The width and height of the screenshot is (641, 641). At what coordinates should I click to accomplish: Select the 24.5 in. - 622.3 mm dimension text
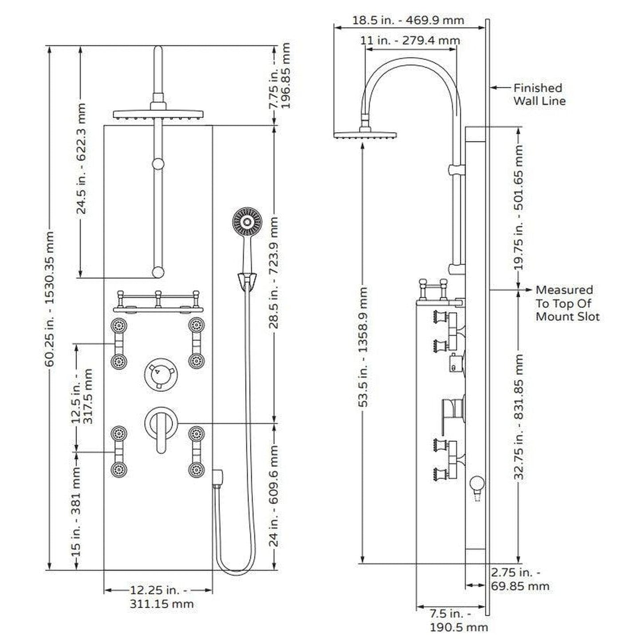(x=81, y=159)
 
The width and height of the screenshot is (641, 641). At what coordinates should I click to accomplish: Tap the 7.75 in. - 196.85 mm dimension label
(x=280, y=76)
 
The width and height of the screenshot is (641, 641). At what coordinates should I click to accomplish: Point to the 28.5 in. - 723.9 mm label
(x=274, y=272)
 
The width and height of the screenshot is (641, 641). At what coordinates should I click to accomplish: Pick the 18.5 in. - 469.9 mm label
(x=408, y=20)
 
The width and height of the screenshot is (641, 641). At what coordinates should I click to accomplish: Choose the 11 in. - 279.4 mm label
(x=410, y=40)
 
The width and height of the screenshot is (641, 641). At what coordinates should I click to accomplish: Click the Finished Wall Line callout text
(x=539, y=94)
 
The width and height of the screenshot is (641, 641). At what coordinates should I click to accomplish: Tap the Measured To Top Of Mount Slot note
(x=567, y=303)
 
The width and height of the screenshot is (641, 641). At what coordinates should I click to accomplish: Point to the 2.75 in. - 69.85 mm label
(x=519, y=579)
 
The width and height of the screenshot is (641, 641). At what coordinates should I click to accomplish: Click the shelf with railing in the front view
(x=158, y=303)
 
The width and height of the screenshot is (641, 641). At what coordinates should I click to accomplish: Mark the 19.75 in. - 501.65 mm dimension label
(x=519, y=207)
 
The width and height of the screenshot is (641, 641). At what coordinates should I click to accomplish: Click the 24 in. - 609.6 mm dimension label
(x=274, y=496)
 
